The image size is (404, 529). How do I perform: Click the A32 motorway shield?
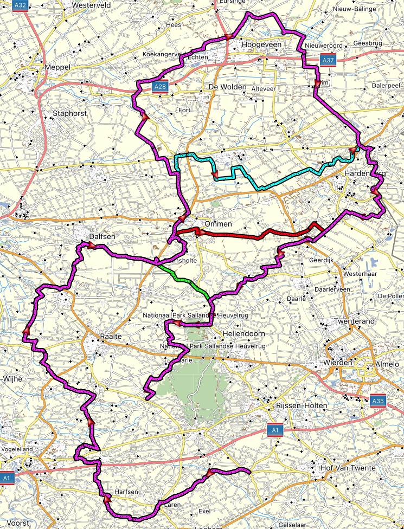(20, 5)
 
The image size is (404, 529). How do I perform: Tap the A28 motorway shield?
(159, 87)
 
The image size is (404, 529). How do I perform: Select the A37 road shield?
(328, 60)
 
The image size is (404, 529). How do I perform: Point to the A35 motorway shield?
(378, 401)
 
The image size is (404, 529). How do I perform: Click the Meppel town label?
(59, 67)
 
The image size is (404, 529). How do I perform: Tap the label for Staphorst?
(69, 113)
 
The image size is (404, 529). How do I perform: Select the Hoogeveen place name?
(260, 44)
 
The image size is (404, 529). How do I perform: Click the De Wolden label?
(227, 87)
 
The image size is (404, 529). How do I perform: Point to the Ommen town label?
(219, 224)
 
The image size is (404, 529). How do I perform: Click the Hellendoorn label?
(246, 335)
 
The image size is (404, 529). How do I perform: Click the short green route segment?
(179, 277)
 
